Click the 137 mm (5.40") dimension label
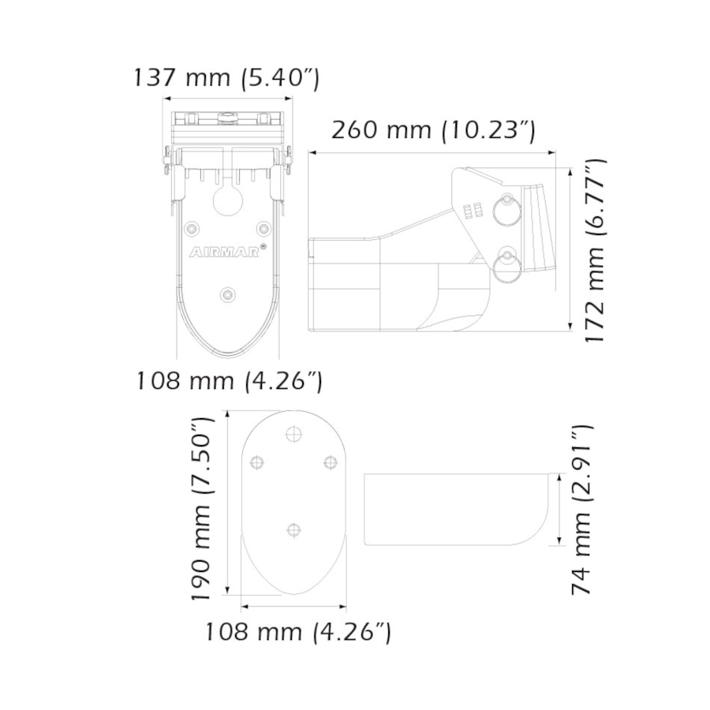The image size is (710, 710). (226, 79)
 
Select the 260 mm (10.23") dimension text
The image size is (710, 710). (433, 130)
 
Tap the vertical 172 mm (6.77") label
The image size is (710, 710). (594, 250)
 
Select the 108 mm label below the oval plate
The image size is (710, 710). (297, 631)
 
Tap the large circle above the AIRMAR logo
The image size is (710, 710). (228, 200)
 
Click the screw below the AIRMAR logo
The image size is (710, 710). (228, 295)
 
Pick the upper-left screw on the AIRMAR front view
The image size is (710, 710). (190, 228)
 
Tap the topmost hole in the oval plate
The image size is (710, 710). (294, 433)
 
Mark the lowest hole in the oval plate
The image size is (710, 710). (294, 530)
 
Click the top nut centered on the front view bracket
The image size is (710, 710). (228, 119)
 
